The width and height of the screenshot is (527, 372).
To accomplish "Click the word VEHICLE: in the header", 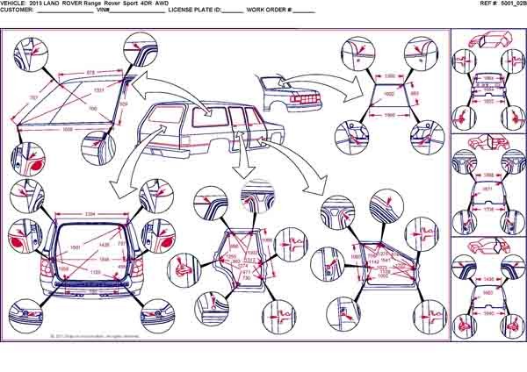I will coord(15,4).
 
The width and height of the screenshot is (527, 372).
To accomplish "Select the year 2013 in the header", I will coord(36,4).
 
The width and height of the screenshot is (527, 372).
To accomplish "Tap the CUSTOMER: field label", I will coord(17,11).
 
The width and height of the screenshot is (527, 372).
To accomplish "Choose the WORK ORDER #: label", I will coord(268,11).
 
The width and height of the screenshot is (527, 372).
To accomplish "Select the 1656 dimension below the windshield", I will coord(69,129).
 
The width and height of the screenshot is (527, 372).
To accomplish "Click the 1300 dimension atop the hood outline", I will coord(391,76).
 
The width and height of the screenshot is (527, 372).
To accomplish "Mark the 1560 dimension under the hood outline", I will coord(391,115).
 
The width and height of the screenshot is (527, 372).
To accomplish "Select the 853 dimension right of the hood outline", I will coord(415,94).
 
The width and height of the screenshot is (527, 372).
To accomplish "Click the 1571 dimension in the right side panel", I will coord(487,189).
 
